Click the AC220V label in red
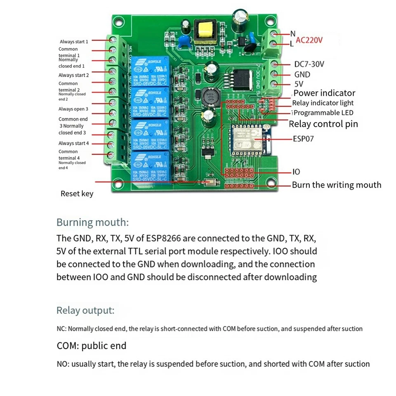click(309, 40)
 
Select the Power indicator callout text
click(324, 93)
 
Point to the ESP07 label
click(303, 139)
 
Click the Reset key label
click(77, 193)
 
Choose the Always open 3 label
click(73, 109)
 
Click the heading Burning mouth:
click(92, 222)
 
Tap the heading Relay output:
click(85, 310)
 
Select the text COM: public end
click(92, 345)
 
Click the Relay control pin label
click(323, 124)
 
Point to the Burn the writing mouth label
click(336, 185)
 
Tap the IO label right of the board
click(296, 172)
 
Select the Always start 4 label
click(73, 143)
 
